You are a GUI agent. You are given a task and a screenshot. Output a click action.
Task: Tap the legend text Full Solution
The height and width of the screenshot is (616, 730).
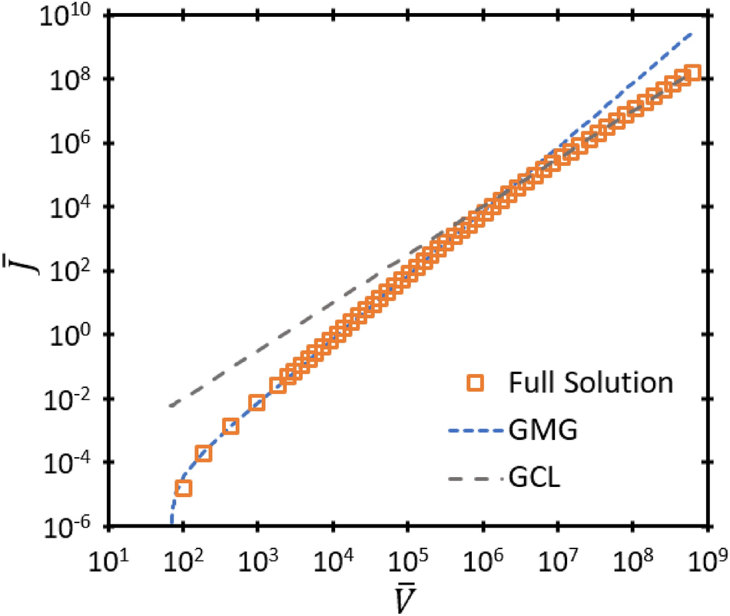[592, 383]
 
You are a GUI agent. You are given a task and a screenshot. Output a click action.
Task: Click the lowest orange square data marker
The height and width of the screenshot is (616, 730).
[183, 488]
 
